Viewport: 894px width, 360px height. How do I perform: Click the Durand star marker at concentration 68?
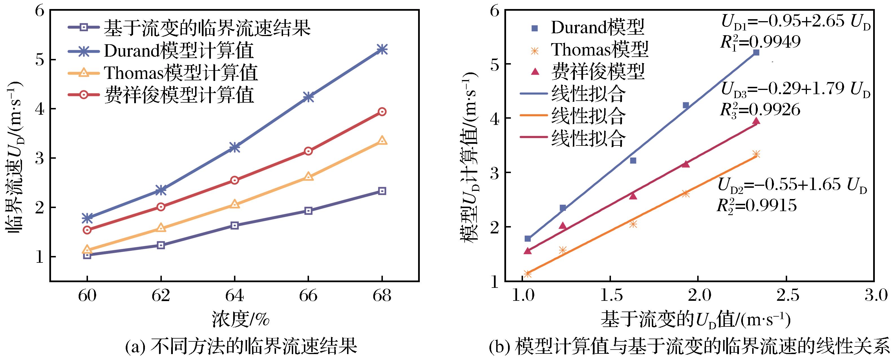coord(382,49)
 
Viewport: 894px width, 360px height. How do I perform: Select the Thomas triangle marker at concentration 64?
coord(235,204)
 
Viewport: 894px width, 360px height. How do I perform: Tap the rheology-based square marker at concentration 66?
coord(308,211)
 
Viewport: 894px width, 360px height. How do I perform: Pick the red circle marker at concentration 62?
coord(161,207)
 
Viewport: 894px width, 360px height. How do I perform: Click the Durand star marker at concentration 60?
coord(87,218)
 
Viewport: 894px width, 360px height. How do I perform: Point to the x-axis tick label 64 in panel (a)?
coord(235,296)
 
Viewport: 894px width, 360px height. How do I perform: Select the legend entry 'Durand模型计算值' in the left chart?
coord(179,50)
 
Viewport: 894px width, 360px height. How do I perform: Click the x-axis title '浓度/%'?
coord(240,319)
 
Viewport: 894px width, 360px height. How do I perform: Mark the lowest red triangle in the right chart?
coord(528,251)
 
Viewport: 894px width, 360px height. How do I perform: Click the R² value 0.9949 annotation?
coord(760,42)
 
